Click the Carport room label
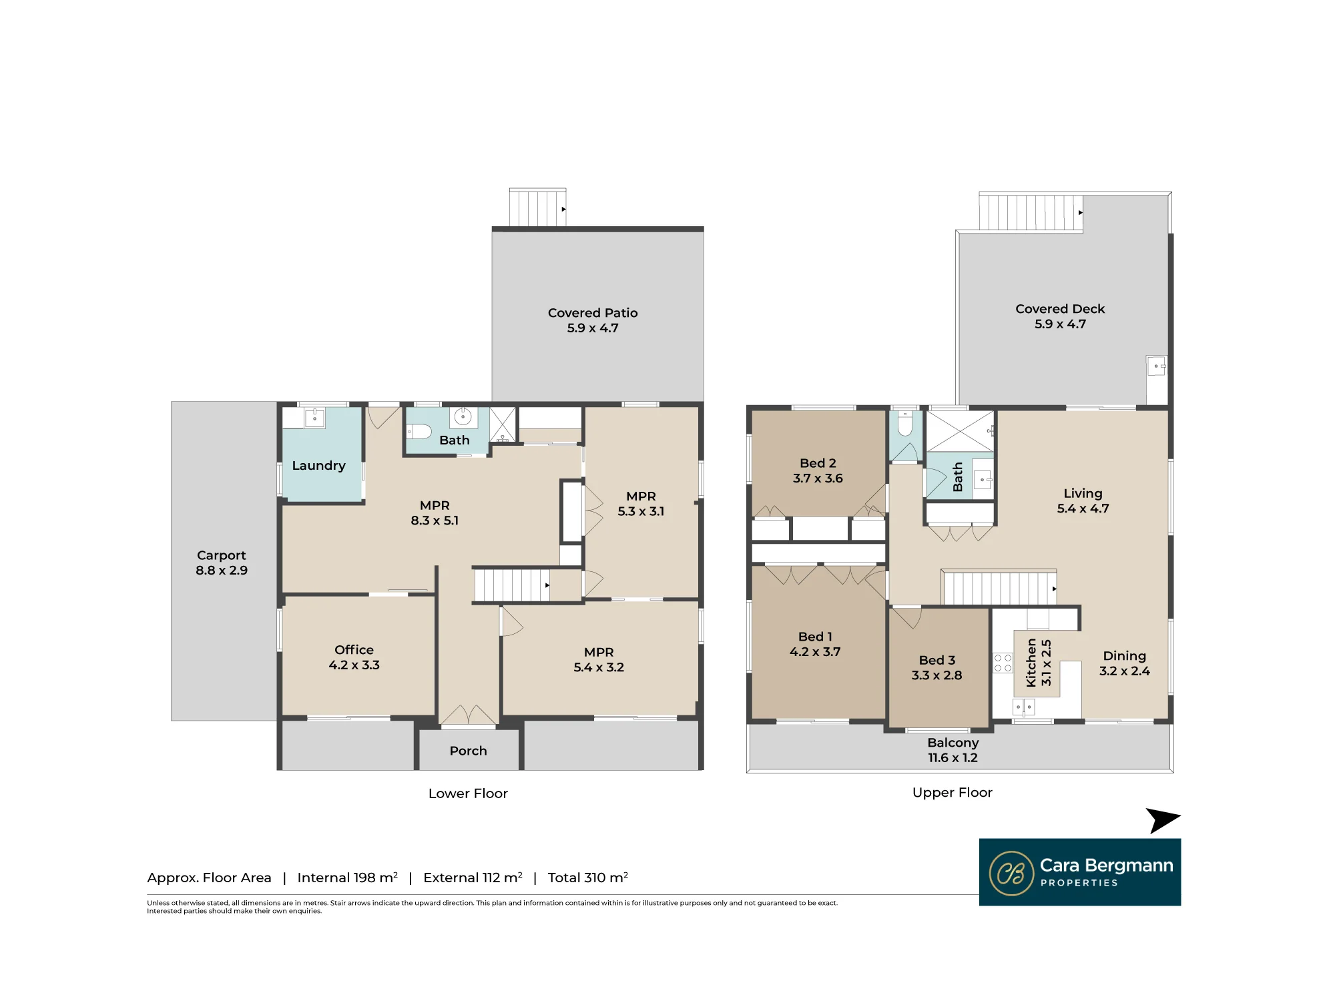pos(222,555)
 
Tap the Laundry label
pos(318,466)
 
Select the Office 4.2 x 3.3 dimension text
pos(354,665)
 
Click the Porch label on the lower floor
pos(468,751)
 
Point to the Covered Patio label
pos(593,313)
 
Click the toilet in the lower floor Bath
pos(419,431)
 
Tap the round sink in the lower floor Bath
pos(463,417)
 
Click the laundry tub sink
pos(314,418)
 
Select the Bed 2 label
pos(818,463)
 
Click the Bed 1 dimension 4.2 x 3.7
pos(815,651)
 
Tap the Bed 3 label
pos(937,660)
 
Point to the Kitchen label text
pos(1031,663)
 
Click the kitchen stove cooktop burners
pos(1003,663)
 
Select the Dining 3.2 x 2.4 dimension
pos(1125,671)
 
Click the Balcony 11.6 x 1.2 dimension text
pos(953,757)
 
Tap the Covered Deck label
pos(1060,309)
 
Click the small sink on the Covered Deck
pos(1157,366)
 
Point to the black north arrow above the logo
pos(1163,821)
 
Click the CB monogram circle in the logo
pos(1011,873)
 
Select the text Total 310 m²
pos(588,878)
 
